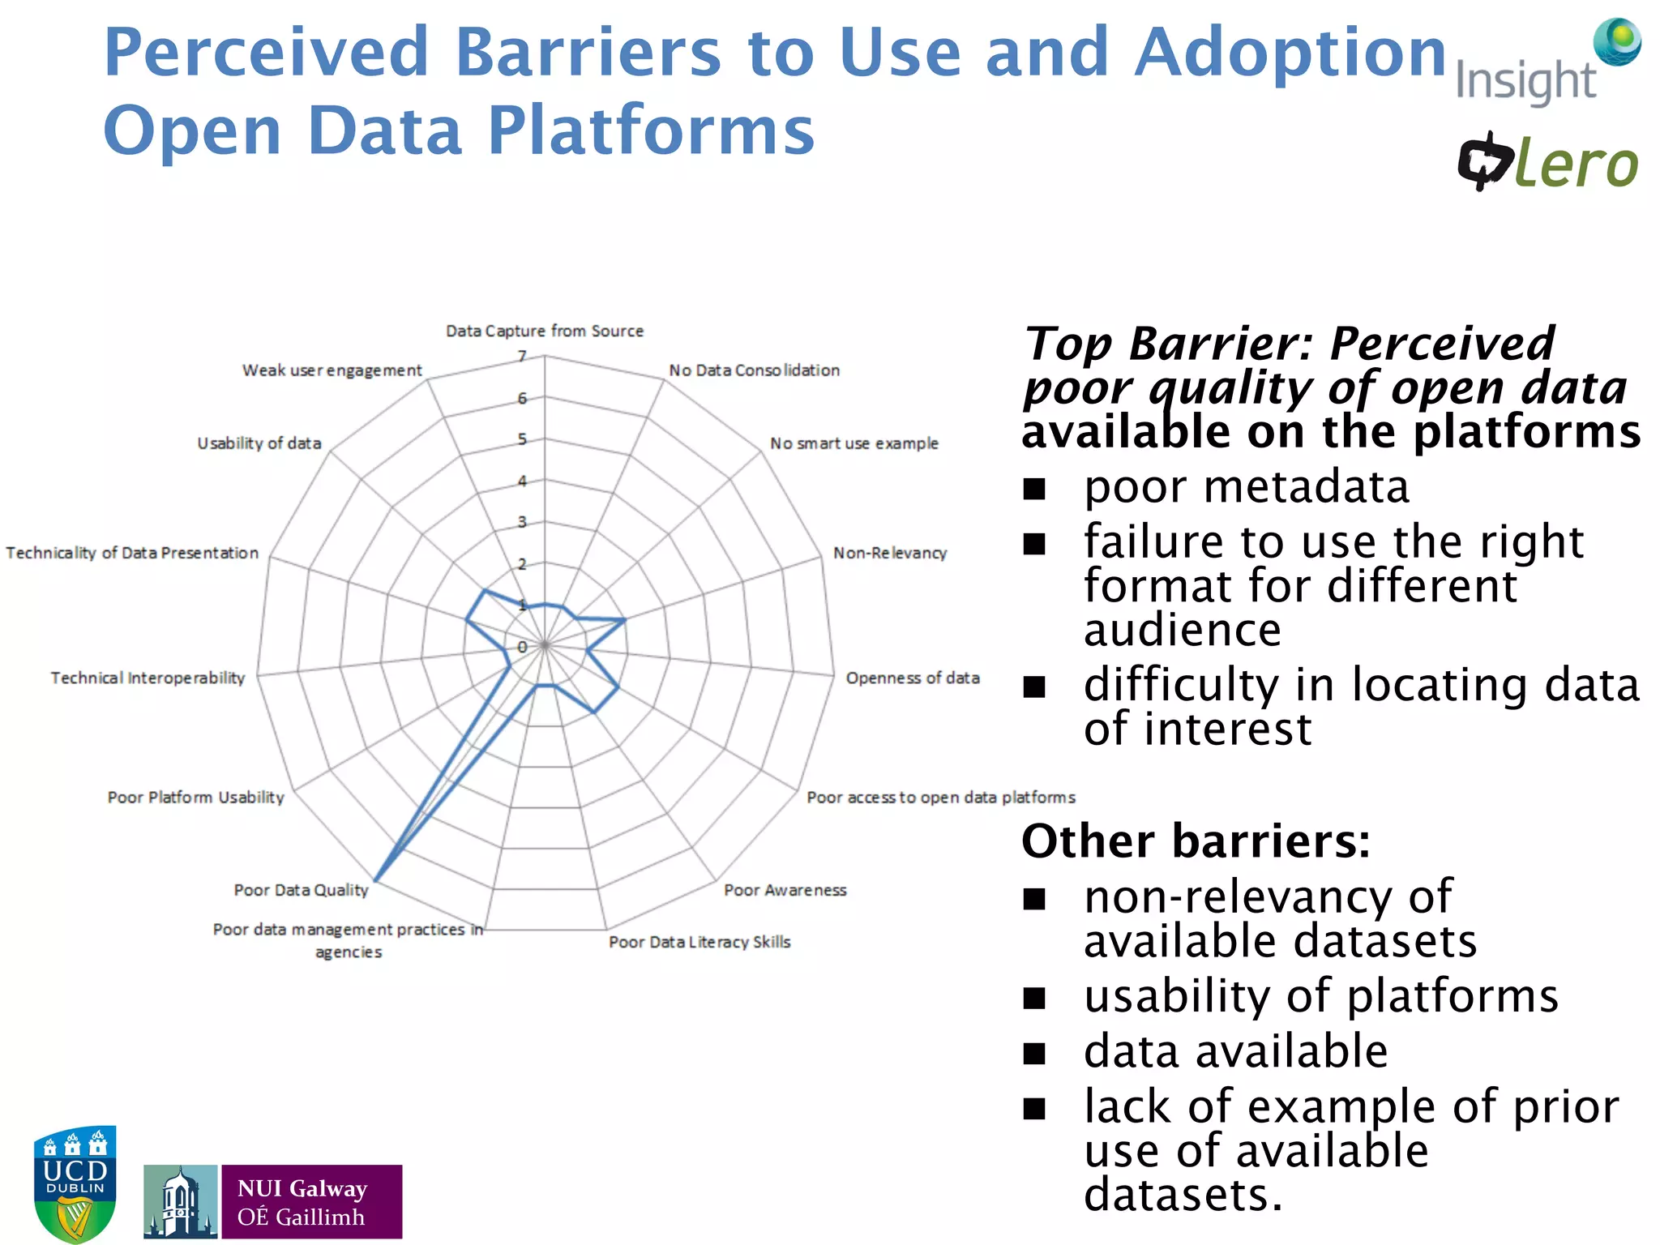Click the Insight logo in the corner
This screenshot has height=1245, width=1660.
click(x=1547, y=63)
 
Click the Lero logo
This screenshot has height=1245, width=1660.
click(x=1547, y=162)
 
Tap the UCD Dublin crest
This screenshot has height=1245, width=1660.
click(x=75, y=1183)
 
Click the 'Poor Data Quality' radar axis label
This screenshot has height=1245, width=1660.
click(x=301, y=890)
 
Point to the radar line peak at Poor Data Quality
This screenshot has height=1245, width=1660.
click(x=376, y=880)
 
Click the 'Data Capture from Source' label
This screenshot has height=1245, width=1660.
click(x=544, y=331)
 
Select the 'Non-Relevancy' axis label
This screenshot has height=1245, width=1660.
click(x=889, y=553)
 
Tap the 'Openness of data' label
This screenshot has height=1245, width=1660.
click(x=912, y=678)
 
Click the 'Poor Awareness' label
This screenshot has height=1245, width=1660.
click(x=785, y=890)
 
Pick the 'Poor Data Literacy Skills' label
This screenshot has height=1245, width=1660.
click(x=700, y=942)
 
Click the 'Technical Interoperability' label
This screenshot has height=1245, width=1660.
click(x=148, y=678)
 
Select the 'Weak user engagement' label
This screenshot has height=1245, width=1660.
click(x=332, y=370)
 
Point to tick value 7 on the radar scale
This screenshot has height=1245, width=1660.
click(x=523, y=356)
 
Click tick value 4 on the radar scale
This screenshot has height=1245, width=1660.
click(x=523, y=481)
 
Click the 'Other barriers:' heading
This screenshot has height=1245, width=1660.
click(x=1196, y=841)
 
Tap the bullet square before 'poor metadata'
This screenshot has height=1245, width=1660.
click(x=1034, y=489)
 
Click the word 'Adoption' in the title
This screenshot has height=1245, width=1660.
click(x=1290, y=53)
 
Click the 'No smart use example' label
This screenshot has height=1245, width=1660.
click(x=854, y=443)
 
